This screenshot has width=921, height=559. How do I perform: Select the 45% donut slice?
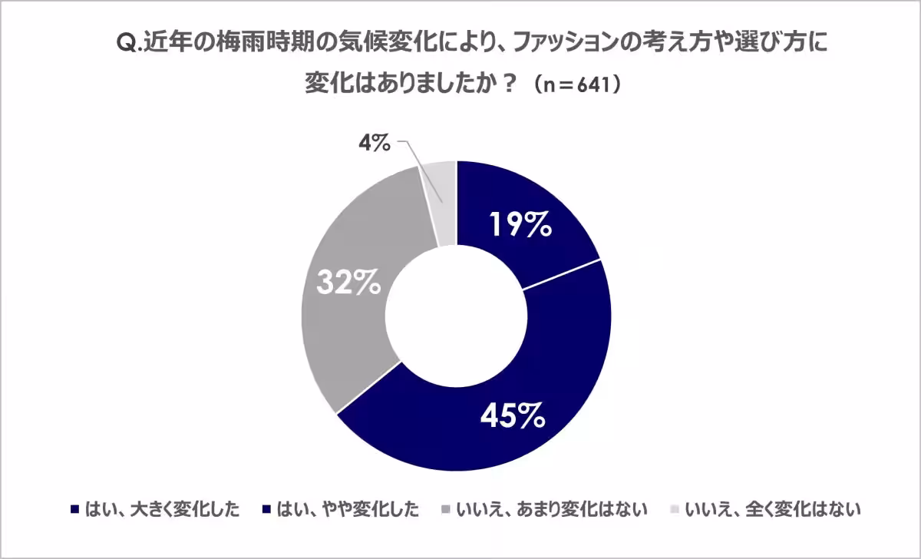[534, 395]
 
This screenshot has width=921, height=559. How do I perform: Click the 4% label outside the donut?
[375, 144]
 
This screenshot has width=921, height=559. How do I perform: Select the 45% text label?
[513, 415]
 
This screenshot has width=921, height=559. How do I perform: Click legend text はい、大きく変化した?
[162, 510]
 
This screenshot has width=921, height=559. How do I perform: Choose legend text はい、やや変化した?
[348, 510]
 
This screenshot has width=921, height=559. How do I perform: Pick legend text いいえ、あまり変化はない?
[551, 510]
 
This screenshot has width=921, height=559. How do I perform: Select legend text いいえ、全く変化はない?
[773, 510]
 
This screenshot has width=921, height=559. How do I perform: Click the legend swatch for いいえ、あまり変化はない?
[446, 510]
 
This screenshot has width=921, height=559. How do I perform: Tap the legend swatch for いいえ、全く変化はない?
[675, 510]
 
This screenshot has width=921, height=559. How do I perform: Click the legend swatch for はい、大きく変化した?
[74, 510]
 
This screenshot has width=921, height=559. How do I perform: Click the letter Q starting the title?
[125, 44]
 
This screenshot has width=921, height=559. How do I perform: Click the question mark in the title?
[509, 84]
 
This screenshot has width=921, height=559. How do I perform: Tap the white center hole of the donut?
[457, 316]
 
